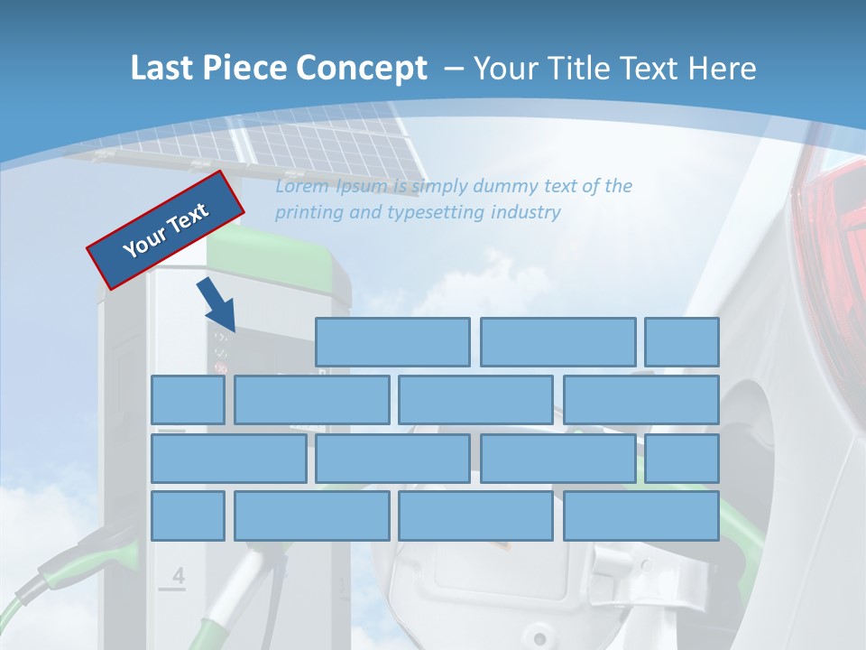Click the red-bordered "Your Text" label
[x=165, y=229]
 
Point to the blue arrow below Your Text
[x=219, y=307]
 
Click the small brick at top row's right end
[x=682, y=342]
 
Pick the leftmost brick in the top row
[x=392, y=342]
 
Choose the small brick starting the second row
[x=188, y=400]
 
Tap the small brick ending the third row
[x=682, y=459]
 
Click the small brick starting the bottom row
[x=188, y=515]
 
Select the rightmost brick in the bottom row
[x=641, y=515]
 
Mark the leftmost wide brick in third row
[x=228, y=459]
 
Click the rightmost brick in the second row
[x=641, y=400]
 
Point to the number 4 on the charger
[x=178, y=576]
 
